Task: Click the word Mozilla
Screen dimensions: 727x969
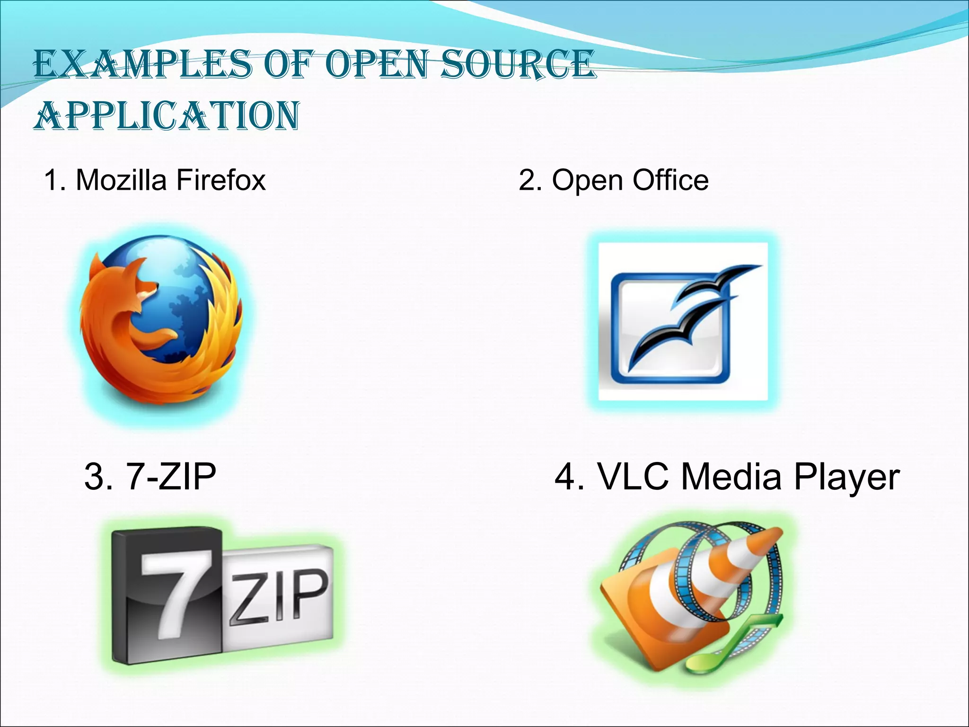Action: (121, 180)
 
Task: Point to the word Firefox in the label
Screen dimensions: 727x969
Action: (221, 180)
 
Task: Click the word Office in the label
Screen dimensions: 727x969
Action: (670, 180)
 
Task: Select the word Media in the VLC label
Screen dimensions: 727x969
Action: (731, 476)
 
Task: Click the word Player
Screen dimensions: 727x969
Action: (846, 477)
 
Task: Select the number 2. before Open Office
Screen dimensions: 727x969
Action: (530, 180)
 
